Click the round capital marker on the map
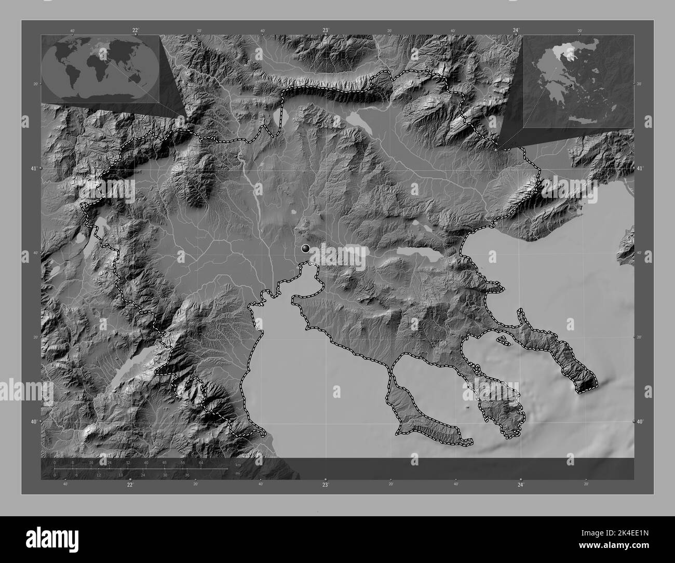[306, 249]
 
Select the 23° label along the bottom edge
[325, 485]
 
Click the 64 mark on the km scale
[201, 462]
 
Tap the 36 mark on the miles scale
[187, 475]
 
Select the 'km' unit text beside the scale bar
[238, 464]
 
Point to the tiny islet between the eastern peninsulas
[502, 340]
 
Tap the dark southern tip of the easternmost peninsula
[587, 384]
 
